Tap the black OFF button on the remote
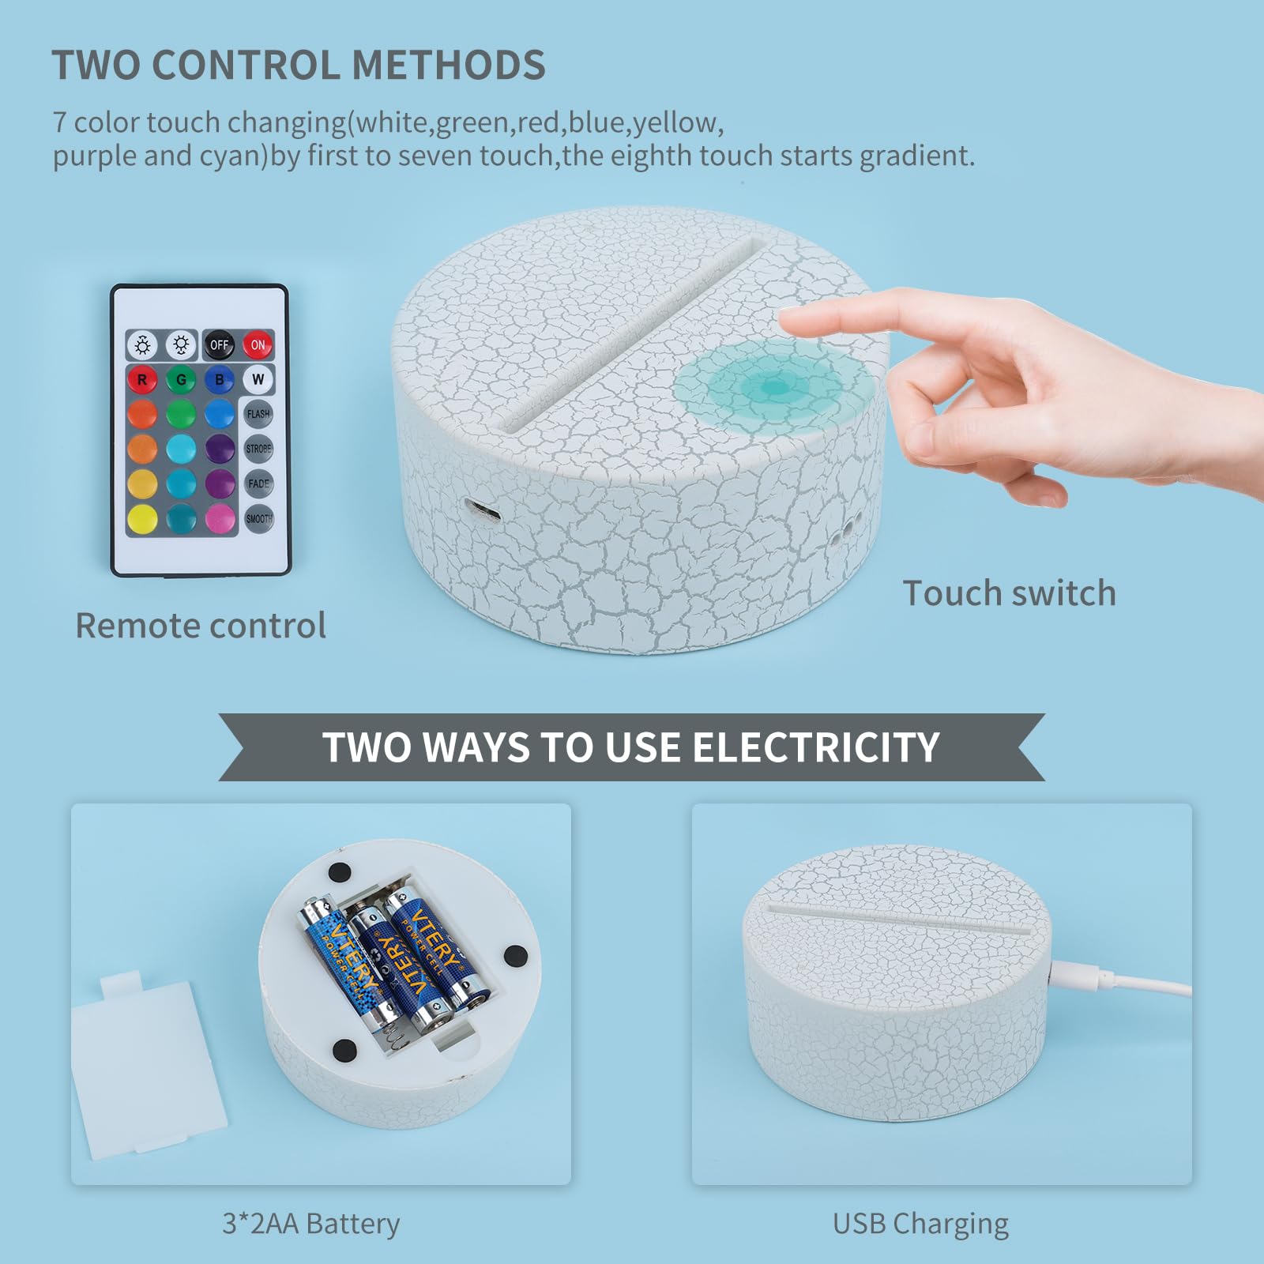219,344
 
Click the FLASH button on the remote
258,413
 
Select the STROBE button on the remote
258,449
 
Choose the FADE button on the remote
258,483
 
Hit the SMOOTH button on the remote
258,518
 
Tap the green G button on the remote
181,379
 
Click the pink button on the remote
220,519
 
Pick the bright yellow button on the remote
142,519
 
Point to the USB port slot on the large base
483,510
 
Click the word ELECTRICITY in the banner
815,747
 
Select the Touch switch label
1009,593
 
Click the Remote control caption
201,626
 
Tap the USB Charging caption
920,1224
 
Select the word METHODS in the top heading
449,65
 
